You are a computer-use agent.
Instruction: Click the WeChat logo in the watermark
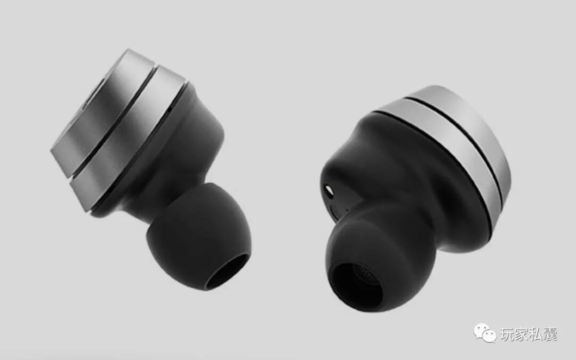click(484, 333)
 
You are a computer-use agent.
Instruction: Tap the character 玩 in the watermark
click(507, 334)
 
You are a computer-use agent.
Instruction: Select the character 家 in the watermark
click(522, 334)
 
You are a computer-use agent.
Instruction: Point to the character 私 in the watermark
click(536, 334)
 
